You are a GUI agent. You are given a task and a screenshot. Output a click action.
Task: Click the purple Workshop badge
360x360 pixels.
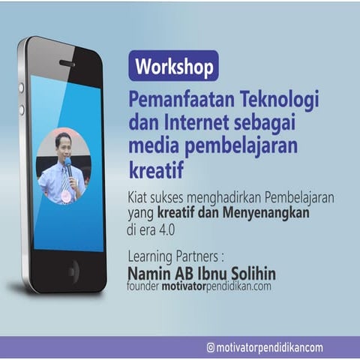[173, 66]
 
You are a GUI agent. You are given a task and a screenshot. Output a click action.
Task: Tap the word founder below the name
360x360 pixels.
[143, 286]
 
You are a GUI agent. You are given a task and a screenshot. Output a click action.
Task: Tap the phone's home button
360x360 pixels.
[73, 269]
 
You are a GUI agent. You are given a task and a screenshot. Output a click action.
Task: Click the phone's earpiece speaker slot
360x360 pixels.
[67, 64]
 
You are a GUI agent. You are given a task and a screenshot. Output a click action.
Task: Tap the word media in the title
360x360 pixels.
[152, 142]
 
